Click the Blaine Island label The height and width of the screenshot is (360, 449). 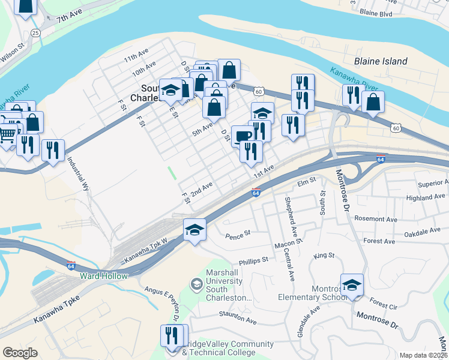point(381,61)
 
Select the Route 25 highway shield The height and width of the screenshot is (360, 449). point(35,32)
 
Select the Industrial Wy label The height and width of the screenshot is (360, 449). point(79,175)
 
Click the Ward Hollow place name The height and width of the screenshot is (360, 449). point(103,276)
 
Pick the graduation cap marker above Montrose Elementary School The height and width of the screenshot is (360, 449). point(352,284)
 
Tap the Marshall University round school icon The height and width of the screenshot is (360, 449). point(196,284)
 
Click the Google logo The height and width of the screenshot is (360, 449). point(20,353)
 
